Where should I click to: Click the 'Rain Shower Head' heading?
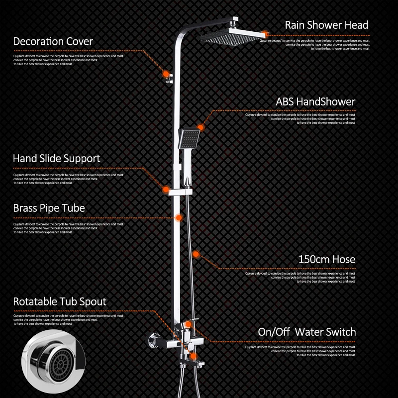(x=326, y=25)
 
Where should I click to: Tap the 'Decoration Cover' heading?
(x=53, y=41)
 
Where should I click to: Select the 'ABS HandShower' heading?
(x=315, y=102)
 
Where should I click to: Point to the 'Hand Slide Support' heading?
(x=56, y=159)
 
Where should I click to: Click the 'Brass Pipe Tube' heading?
(x=49, y=208)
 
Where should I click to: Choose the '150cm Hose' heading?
(x=326, y=259)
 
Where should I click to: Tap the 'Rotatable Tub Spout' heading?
(x=60, y=301)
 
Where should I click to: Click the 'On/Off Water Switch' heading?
(x=307, y=332)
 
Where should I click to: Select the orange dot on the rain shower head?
(x=267, y=33)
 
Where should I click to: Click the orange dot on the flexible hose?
(x=196, y=254)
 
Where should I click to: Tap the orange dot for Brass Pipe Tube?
(x=178, y=217)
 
